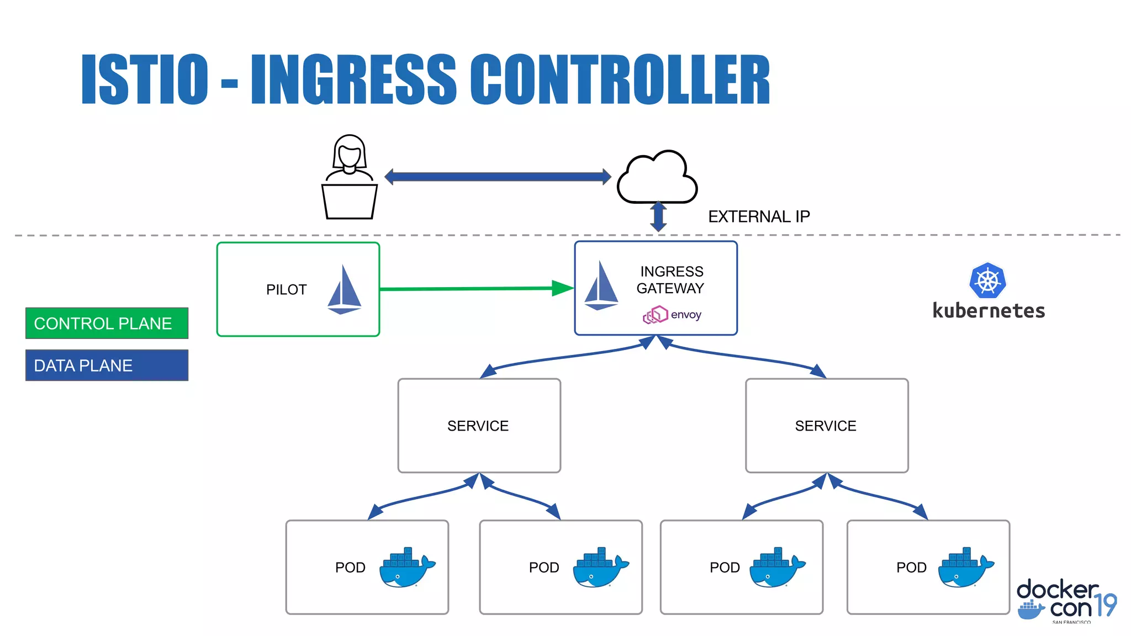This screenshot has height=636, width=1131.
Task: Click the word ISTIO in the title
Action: pyautogui.click(x=145, y=79)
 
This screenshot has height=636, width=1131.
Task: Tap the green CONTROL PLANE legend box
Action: pyautogui.click(x=107, y=323)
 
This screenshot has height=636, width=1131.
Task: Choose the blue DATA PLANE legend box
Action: pyautogui.click(x=107, y=365)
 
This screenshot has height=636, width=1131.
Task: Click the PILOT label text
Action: pyautogui.click(x=286, y=290)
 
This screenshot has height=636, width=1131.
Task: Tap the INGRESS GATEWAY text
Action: pyautogui.click(x=670, y=280)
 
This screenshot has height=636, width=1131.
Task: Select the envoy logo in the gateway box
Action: pyautogui.click(x=672, y=315)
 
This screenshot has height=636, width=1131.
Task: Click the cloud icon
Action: pyautogui.click(x=657, y=178)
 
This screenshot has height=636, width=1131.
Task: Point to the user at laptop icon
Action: pyautogui.click(x=350, y=177)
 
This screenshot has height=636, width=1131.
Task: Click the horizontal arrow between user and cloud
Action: pyautogui.click(x=497, y=177)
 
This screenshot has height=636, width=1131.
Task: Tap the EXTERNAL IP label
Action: pyautogui.click(x=759, y=216)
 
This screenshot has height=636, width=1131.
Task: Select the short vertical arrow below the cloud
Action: pyautogui.click(x=658, y=216)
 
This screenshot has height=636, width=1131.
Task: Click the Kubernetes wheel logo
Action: pyautogui.click(x=987, y=280)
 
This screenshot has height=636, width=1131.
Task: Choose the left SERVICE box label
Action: pyautogui.click(x=478, y=426)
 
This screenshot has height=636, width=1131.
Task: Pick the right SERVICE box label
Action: pyautogui.click(x=826, y=426)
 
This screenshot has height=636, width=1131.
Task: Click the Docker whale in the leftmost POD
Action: pyautogui.click(x=406, y=568)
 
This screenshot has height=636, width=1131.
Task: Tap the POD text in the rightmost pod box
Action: pyautogui.click(x=911, y=568)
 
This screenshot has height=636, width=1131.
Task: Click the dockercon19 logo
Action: pyautogui.click(x=1066, y=601)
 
